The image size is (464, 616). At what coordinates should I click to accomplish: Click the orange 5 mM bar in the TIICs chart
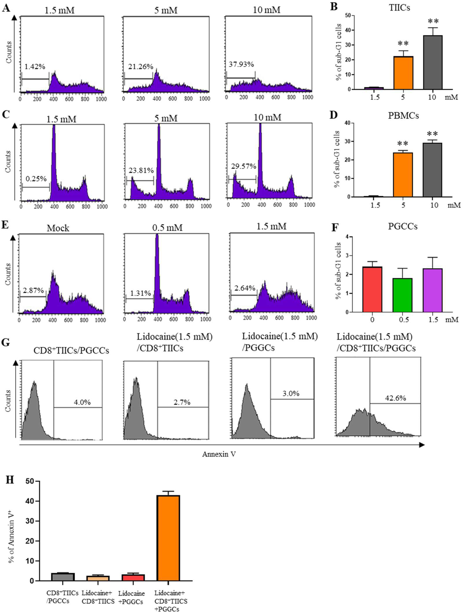pos(403,73)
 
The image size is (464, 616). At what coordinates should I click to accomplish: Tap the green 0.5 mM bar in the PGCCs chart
pos(402,295)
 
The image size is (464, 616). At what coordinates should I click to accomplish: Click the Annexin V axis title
pos(219,454)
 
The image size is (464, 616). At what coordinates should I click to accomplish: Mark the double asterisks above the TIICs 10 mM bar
pos(433,21)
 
